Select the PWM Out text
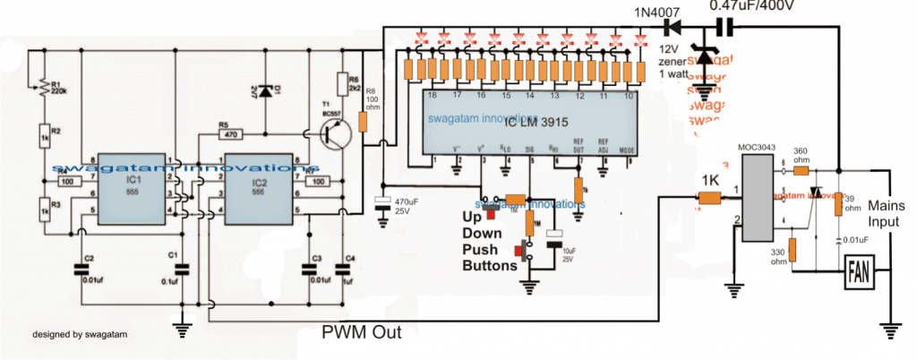(x=362, y=332)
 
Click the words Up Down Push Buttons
(x=488, y=242)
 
